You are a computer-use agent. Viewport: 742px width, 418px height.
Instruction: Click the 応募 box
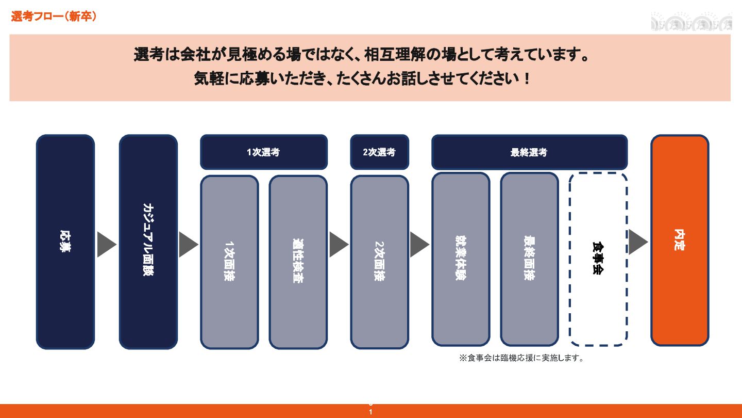pos(65,242)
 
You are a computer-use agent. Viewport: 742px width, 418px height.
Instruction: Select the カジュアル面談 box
pos(148,242)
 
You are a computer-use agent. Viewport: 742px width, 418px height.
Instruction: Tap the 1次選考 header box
pos(263,152)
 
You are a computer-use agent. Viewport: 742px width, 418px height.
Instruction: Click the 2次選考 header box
pos(379,152)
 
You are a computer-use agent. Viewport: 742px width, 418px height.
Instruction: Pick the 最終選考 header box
pos(529,152)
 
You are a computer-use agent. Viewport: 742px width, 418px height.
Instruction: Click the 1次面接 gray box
pos(229,262)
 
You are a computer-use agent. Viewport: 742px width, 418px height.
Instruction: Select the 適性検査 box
pos(298,262)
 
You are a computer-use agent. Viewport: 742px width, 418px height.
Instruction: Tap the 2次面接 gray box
pos(379,262)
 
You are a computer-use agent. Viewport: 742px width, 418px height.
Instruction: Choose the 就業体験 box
pos(461,259)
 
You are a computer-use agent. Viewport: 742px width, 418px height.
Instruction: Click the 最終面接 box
pos(529,259)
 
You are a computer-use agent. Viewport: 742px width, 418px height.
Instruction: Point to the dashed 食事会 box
pos(598,259)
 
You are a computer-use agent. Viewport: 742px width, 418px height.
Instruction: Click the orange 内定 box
pos(680,240)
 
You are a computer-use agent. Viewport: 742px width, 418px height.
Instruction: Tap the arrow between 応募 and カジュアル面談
pos(106,245)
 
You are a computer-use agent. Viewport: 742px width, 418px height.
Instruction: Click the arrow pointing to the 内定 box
pos(637,242)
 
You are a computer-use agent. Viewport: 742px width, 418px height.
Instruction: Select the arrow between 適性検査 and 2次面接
pos(338,245)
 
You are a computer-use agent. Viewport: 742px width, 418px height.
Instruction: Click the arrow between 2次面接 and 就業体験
pos(419,245)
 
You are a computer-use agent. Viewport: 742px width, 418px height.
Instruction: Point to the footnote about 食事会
pos(522,358)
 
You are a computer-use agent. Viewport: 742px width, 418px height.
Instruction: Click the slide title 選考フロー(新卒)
pos(54,17)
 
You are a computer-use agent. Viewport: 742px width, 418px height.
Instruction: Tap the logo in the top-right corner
pos(691,22)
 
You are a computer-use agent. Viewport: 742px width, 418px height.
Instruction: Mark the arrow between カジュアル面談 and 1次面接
pos(188,245)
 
